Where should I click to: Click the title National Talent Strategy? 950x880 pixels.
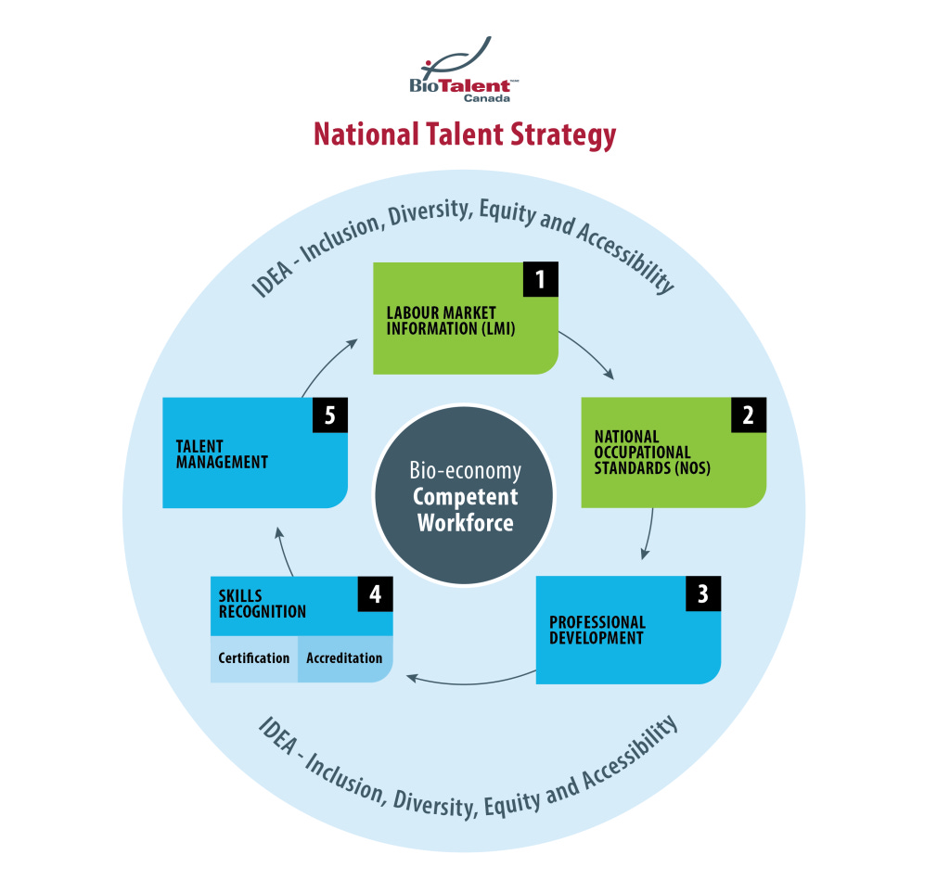click(464, 134)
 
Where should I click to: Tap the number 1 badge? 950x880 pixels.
click(541, 279)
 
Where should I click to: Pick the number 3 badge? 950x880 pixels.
click(703, 593)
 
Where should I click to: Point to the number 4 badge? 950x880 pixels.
click(375, 593)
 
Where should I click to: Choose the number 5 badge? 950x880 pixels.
click(329, 414)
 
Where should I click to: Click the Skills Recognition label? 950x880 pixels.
click(263, 604)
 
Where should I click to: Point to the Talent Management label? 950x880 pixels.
click(222, 453)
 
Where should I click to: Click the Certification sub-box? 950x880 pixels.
click(254, 658)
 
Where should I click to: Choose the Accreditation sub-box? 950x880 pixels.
click(344, 658)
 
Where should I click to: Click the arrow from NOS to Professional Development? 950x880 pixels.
click(650, 532)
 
